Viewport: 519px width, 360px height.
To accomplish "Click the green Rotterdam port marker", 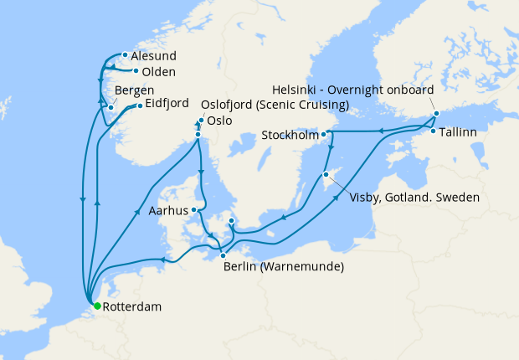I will point(95,306).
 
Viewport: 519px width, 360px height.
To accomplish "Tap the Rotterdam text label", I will point(132,307).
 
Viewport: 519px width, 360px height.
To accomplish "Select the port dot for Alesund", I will point(124,55).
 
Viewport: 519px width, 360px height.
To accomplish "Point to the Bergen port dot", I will point(110,107).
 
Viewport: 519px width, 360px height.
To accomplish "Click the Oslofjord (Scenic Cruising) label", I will point(275,105).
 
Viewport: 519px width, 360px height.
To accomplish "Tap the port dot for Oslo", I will point(198,135).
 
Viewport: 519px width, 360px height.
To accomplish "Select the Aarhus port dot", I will point(193,210).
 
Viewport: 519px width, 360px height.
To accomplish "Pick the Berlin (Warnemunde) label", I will point(283,267).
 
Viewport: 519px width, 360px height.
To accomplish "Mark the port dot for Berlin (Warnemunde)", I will point(223,255).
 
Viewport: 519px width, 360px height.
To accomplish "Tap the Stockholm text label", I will point(290,135).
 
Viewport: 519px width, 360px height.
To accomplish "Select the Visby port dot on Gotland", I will point(326,175).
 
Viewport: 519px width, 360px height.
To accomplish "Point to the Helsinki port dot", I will point(436,114).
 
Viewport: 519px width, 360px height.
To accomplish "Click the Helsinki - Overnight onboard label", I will point(353,90).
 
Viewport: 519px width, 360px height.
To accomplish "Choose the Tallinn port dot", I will point(433,131).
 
